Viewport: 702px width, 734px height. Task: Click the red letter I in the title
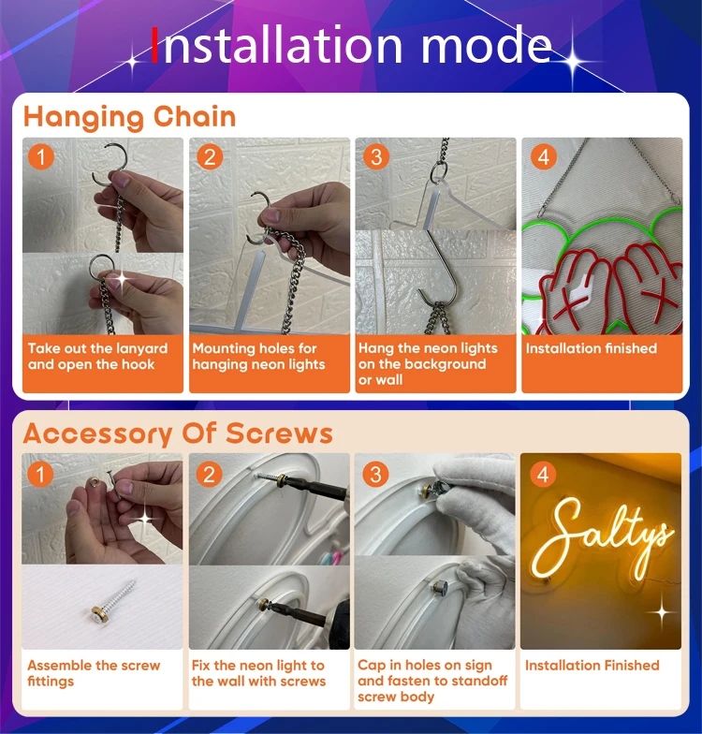(x=155, y=45)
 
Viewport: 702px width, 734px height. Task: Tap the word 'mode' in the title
(x=487, y=46)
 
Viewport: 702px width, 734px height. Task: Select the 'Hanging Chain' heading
(x=129, y=117)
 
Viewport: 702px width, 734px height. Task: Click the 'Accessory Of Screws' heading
(x=178, y=433)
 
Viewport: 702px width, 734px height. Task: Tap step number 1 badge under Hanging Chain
(x=41, y=157)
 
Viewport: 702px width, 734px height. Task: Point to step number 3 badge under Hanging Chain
(x=376, y=157)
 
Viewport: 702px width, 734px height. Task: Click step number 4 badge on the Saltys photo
(x=543, y=474)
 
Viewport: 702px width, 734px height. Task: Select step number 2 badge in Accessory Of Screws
(x=210, y=474)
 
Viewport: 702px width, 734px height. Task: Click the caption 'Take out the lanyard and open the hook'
(x=97, y=356)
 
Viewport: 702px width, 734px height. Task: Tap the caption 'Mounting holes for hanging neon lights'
(x=258, y=356)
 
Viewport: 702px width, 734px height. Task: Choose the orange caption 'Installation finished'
(x=592, y=348)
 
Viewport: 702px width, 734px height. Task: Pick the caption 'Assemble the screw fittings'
(x=94, y=673)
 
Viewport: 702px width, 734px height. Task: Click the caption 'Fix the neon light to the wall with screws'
(x=258, y=673)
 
